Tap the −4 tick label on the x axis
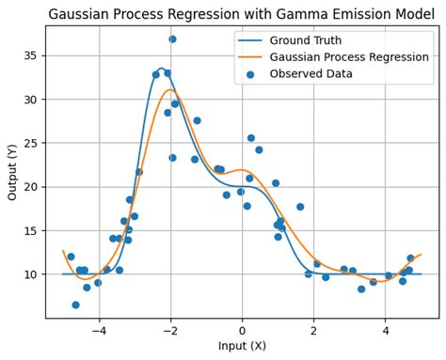coord(97,331)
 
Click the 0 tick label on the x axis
coord(242,331)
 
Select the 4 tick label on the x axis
coord(386,331)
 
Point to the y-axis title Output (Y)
coord(12,172)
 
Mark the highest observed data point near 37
coord(172,39)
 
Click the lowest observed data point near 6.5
coord(75,305)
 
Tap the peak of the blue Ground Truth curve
coord(161,70)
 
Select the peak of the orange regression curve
coord(169,90)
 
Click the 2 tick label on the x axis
coord(314,331)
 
